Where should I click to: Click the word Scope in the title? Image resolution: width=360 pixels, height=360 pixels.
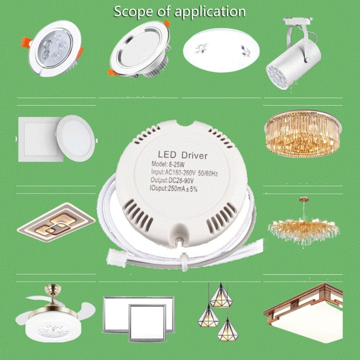133,11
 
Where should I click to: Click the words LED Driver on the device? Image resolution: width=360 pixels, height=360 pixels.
183,155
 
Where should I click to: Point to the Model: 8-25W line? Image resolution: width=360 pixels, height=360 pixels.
168,164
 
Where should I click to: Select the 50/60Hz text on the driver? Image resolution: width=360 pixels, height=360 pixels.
207,173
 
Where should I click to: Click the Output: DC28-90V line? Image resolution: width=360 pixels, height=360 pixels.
172,180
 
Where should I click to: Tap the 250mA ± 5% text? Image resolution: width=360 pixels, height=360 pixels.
183,189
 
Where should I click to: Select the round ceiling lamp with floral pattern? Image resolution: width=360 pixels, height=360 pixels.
221,50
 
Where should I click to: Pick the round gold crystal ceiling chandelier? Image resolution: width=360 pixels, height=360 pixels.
302,134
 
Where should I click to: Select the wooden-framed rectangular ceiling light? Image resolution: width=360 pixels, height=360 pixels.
303,313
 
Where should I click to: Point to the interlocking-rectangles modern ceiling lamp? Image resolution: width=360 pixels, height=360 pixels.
56,222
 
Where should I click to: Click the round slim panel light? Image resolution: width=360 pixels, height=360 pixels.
76,138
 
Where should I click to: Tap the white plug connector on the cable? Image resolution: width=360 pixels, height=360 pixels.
116,258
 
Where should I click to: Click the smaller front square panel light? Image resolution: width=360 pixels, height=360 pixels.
147,322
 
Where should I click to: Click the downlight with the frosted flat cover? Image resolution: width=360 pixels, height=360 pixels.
139,49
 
